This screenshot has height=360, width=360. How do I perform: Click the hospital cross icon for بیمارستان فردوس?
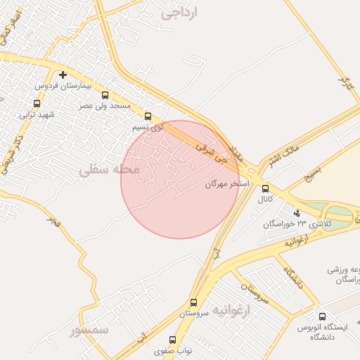63,75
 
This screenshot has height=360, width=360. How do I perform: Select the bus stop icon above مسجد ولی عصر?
105,95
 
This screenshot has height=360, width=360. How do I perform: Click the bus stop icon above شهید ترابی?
37,103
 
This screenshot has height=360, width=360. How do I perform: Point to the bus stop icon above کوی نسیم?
148,117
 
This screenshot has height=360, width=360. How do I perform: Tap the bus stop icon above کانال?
265,188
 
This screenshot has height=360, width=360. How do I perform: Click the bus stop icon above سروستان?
193,303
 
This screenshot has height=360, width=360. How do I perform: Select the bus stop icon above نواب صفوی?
173,340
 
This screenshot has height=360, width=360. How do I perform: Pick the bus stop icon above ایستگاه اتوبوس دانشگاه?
322,317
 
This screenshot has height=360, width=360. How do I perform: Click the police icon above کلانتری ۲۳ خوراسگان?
296,212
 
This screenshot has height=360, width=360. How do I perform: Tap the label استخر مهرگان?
227,184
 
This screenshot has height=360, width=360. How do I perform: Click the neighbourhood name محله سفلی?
109,170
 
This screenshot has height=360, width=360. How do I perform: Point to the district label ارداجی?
180,13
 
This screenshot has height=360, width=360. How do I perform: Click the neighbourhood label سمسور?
90,329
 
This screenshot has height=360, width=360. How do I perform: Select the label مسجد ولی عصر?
105,105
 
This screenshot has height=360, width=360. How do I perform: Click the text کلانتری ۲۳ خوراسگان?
289,224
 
